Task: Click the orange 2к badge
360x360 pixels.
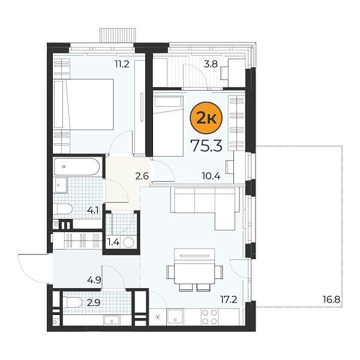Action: point(206,118)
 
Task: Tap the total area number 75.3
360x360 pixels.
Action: point(207,146)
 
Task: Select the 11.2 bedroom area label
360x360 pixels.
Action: point(122,64)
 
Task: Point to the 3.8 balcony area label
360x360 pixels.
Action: point(211,64)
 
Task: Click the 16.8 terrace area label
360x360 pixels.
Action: point(331,299)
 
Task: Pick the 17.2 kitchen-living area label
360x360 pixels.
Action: point(229,299)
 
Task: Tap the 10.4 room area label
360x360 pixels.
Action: point(211,176)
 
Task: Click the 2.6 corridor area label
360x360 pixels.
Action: point(142,176)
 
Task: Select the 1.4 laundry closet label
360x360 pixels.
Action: point(113,242)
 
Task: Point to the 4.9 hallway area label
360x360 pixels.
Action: point(94,280)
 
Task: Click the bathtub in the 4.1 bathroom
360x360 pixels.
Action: point(77,167)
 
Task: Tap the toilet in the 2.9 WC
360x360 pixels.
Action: point(73,302)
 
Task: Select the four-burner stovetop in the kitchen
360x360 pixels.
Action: point(209,317)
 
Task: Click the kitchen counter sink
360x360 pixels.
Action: point(175,317)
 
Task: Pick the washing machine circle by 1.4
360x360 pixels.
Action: point(128,242)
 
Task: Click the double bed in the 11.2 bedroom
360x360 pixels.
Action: point(83,104)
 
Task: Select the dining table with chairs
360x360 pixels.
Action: point(194,270)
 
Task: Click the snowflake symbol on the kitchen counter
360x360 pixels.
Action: point(158,317)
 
